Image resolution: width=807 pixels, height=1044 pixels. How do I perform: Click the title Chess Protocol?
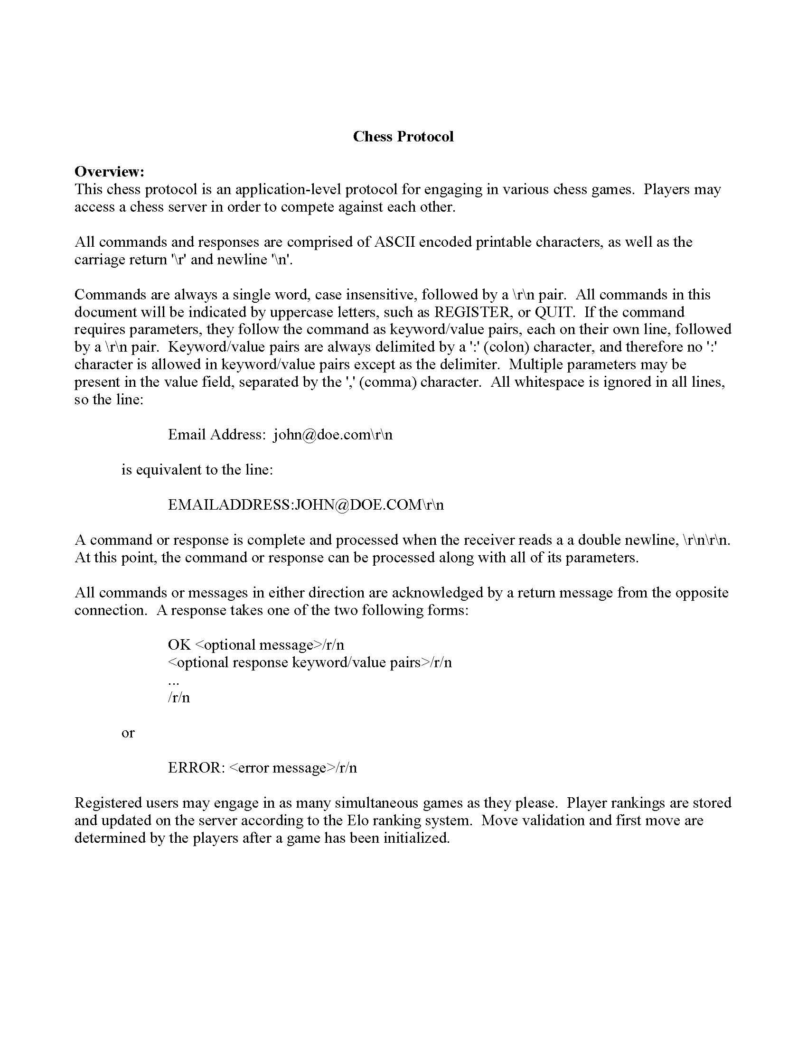(403, 137)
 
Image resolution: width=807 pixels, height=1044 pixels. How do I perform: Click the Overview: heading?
(110, 171)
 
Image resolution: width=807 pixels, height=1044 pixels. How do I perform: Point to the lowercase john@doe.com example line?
(280, 435)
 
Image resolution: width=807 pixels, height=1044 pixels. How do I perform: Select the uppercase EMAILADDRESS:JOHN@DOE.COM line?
(306, 505)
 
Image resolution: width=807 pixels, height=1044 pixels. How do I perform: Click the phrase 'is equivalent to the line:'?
(197, 470)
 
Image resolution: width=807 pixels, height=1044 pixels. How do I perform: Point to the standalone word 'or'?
(128, 733)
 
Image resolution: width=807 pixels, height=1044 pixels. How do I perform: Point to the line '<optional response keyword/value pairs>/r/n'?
(310, 662)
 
